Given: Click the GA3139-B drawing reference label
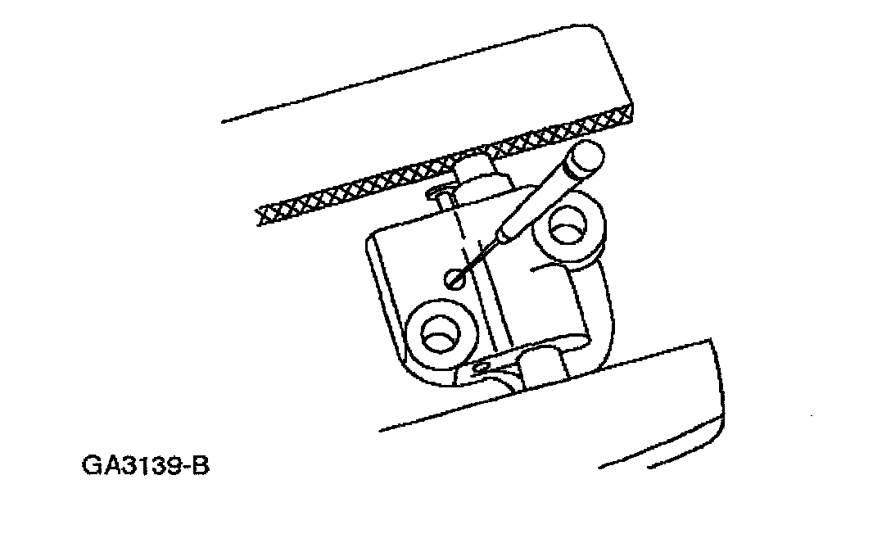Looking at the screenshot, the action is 147,467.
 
